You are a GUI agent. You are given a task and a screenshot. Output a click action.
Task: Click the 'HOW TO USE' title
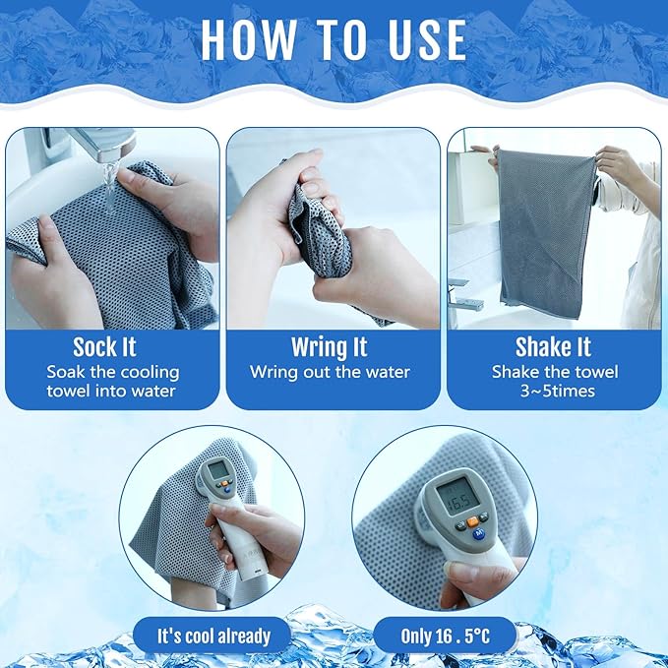334,39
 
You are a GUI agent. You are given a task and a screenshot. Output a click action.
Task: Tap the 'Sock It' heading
104,347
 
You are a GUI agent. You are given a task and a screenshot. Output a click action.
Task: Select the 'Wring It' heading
330,347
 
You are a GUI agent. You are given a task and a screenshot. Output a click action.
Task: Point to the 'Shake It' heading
553,347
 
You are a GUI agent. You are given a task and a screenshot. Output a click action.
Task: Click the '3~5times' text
557,392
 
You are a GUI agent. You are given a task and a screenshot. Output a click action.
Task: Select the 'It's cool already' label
213,637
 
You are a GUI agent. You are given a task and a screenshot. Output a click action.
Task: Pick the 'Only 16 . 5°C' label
446,637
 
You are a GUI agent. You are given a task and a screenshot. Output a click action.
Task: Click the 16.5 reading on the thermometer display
458,501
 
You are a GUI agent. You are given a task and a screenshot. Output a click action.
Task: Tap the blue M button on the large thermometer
479,533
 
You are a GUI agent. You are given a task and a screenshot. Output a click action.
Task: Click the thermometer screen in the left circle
218,470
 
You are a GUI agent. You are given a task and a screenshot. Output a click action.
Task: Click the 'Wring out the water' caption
330,372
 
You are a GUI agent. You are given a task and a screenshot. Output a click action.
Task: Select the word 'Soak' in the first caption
65,372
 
